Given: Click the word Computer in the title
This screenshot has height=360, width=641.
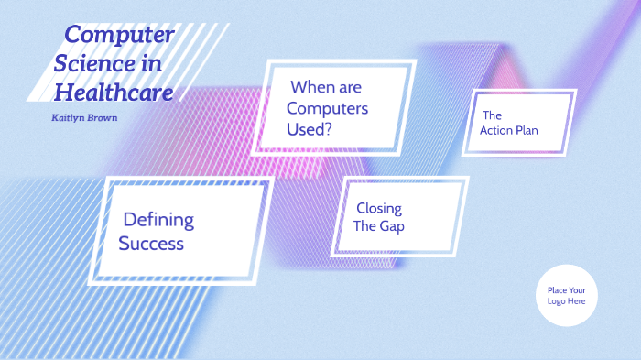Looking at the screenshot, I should (x=119, y=36).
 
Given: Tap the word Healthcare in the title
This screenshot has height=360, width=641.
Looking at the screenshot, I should (x=114, y=92).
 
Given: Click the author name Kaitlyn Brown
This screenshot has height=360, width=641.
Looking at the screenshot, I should (x=85, y=118).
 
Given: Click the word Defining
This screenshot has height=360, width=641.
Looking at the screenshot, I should (x=158, y=220).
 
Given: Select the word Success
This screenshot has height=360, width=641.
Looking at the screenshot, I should (x=151, y=244).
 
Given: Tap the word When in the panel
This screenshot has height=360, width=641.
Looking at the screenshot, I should (x=312, y=88).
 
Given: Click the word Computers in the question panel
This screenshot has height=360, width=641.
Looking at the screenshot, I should (x=327, y=108).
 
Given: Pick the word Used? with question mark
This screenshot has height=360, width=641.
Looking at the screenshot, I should (x=310, y=129).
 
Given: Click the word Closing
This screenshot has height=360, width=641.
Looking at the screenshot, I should (x=378, y=208).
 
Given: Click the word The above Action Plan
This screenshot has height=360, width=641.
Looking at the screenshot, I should (x=492, y=115).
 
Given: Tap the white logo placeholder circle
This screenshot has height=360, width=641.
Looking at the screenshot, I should (x=566, y=296).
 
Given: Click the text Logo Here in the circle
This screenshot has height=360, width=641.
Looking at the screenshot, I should (x=566, y=301).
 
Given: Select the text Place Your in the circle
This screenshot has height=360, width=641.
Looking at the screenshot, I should (x=566, y=290).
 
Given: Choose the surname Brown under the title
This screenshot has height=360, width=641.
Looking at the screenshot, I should (x=103, y=118).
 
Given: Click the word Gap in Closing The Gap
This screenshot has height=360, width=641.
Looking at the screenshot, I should (x=393, y=226).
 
